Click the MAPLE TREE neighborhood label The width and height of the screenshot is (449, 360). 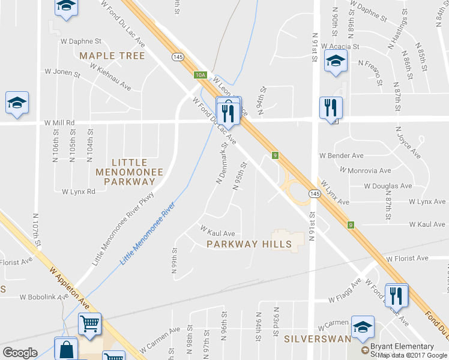112,56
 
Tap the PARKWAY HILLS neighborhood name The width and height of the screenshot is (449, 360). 249,244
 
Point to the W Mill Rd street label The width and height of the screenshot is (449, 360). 59,122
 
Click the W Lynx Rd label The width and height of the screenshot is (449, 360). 79,192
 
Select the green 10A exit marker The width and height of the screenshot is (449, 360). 200,75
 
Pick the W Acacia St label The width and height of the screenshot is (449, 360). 340,46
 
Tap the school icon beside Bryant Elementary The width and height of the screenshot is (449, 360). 363,328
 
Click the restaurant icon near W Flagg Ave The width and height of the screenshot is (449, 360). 397,296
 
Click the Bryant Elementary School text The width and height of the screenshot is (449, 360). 403,350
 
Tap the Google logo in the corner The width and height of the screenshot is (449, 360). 20,353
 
